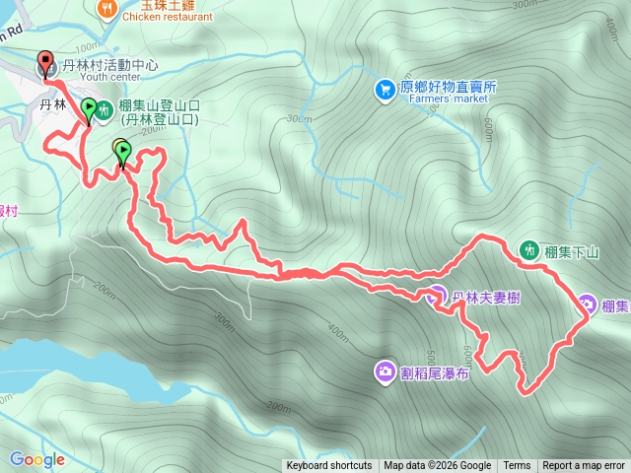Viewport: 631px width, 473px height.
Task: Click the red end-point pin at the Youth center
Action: [45, 62]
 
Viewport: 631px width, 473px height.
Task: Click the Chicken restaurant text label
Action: [169, 16]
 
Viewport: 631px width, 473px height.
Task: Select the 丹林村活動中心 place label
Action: [109, 66]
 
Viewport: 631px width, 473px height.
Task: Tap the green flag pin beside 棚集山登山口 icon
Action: [88, 108]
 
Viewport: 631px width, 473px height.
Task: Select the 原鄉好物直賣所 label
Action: [449, 87]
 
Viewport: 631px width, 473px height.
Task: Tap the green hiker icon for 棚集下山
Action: [529, 250]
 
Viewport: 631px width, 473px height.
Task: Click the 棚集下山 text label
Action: [573, 251]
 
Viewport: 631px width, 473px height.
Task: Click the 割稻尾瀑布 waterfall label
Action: [434, 372]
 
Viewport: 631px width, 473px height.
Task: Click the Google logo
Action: [37, 459]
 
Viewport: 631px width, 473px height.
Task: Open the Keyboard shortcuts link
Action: [329, 466]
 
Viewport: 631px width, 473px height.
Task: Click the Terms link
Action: [517, 466]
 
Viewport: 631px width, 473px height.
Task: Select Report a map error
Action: [584, 466]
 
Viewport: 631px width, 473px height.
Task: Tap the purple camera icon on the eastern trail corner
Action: [587, 304]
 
